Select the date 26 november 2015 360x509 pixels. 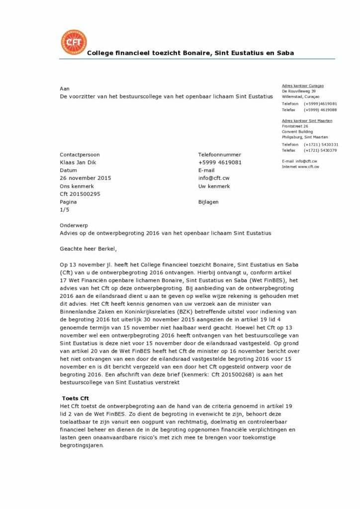click(85, 178)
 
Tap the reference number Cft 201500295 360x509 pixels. click(80, 194)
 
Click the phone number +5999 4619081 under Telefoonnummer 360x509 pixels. click(220, 162)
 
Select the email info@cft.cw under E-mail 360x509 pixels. click(213, 178)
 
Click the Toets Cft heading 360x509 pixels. click(75, 399)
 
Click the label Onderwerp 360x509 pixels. click(74, 225)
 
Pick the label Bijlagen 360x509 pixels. click(208, 202)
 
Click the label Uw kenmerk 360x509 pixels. click(214, 186)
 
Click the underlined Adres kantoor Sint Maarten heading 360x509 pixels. click(307, 121)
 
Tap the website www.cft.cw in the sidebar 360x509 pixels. click(308, 167)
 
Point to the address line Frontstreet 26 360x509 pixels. click(295, 126)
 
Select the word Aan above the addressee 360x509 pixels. click(64, 88)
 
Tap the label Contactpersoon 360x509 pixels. click(80, 155)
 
